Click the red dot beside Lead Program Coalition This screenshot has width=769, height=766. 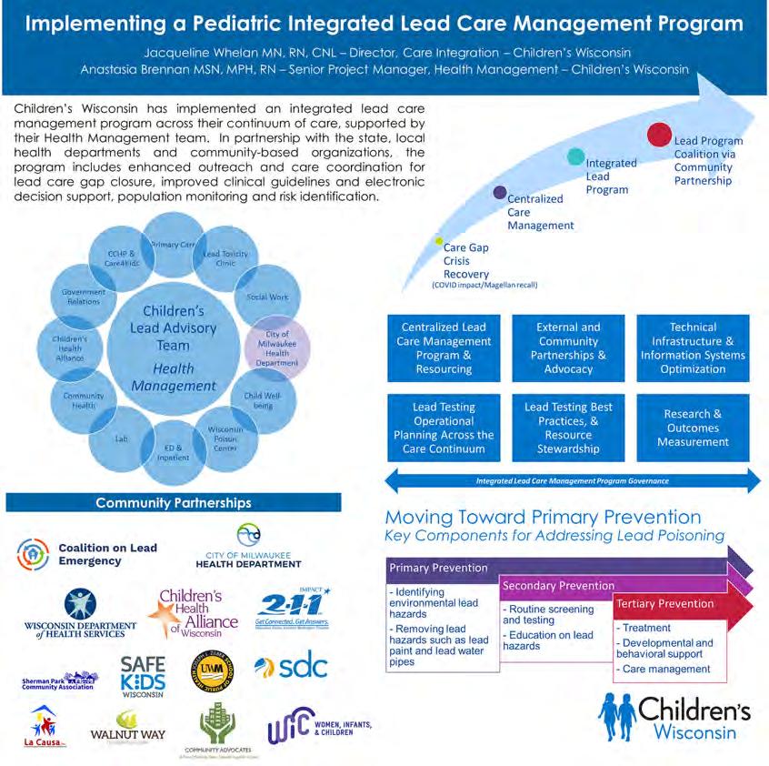659,136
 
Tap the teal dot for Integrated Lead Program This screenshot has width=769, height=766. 576,156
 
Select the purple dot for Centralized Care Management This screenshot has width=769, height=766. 499,192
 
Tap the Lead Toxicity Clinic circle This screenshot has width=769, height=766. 225,258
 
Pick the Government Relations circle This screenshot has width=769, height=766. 83,297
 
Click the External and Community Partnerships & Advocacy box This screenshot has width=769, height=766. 569,348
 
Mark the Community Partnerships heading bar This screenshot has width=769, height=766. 174,503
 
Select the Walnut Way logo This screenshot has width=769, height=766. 125,729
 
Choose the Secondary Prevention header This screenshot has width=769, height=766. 558,586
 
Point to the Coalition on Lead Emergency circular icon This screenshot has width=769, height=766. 35,553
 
